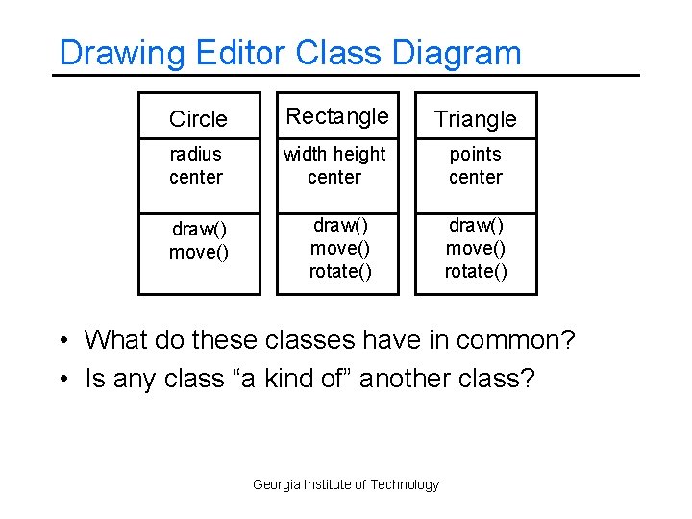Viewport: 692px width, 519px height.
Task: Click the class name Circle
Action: click(198, 119)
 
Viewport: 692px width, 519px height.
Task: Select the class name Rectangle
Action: click(337, 116)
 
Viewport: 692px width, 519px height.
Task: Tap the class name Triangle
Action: click(476, 119)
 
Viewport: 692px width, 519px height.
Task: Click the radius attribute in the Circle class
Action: click(195, 154)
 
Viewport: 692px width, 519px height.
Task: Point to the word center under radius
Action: click(196, 177)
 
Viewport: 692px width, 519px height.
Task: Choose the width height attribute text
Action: click(335, 154)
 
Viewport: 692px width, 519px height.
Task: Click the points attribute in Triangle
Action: click(476, 154)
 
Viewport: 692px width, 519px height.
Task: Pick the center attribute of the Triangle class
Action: click(476, 177)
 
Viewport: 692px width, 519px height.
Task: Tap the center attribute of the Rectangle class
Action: click(334, 177)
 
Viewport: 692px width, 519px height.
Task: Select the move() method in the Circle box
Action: click(199, 252)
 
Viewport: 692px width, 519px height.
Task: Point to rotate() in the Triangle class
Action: click(476, 271)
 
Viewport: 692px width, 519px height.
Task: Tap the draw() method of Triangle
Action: click(476, 225)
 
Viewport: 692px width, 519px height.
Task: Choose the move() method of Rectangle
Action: click(337, 248)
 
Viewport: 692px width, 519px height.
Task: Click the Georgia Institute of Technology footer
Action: click(346, 484)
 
